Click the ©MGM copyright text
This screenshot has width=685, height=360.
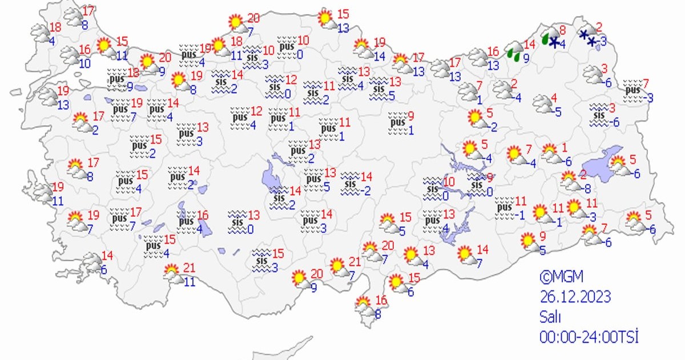(562, 277)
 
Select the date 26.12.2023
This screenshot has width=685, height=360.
(575, 297)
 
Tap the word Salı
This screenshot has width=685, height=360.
(551, 317)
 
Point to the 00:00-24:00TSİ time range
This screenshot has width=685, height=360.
(589, 337)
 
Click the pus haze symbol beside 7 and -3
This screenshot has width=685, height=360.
(632, 91)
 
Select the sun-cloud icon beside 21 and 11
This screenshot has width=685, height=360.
(172, 274)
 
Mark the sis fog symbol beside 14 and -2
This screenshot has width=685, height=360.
(349, 184)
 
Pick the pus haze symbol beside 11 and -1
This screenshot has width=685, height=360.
(505, 207)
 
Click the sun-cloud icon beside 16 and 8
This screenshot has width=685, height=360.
(365, 306)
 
